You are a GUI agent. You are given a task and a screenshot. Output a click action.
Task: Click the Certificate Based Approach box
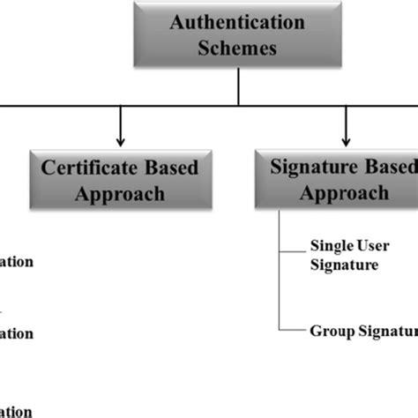(120, 179)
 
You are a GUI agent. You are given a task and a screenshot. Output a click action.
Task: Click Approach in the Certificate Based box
(120, 193)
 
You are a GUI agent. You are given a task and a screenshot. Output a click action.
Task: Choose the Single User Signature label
(344, 255)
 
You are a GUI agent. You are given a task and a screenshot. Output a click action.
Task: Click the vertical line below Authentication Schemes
(239, 86)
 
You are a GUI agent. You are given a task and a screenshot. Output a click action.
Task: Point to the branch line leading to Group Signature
(291, 331)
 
